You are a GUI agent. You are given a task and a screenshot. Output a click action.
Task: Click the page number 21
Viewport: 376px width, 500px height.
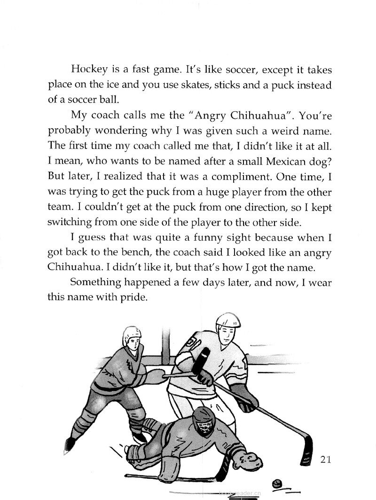click(x=323, y=459)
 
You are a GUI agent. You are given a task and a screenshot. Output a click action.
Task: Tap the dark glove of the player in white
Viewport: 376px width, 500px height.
click(x=247, y=398)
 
